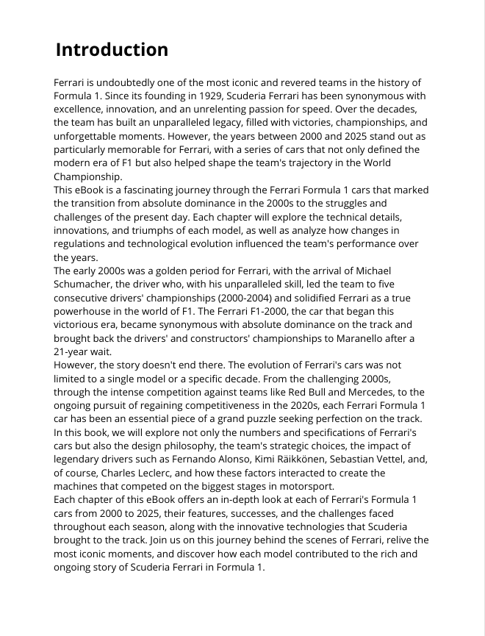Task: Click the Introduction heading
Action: (112, 50)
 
